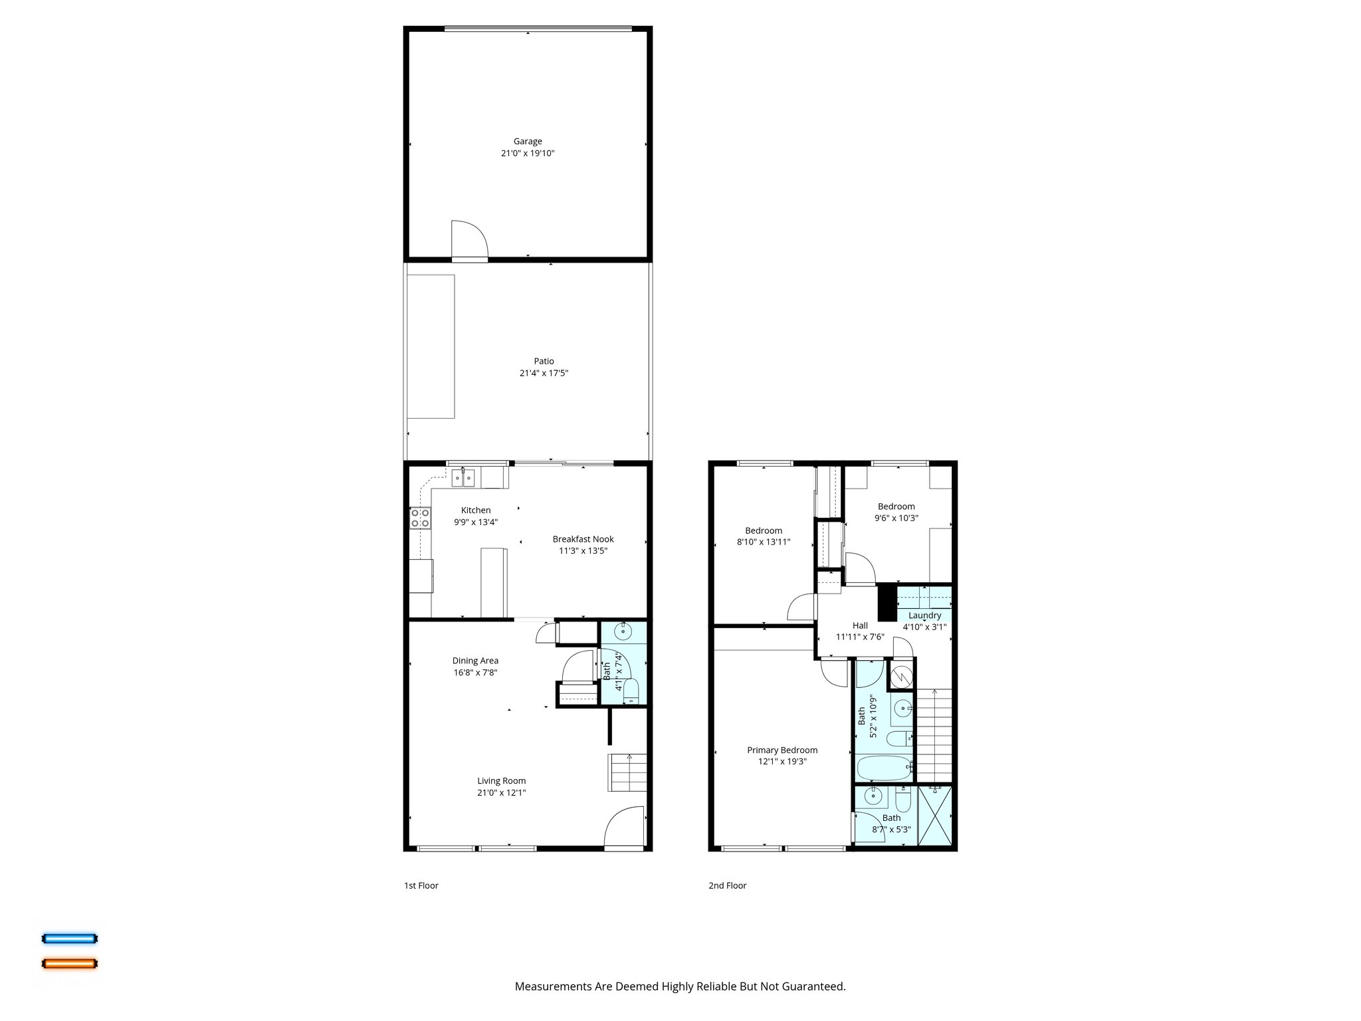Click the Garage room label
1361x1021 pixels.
click(528, 141)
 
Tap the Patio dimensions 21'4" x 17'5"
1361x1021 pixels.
click(544, 374)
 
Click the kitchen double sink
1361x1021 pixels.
click(463, 477)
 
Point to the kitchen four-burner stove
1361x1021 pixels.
click(419, 518)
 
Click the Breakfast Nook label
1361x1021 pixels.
click(583, 539)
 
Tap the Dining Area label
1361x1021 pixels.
click(475, 661)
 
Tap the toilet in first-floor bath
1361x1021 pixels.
click(631, 691)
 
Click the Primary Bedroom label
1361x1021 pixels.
click(782, 750)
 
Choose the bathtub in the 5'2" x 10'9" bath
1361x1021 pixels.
click(884, 768)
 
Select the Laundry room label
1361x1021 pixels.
click(924, 616)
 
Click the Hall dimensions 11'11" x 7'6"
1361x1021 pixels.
click(860, 637)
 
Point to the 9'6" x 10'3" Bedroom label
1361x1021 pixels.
click(896, 507)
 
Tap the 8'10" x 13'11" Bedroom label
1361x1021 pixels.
click(763, 530)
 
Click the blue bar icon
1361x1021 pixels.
click(70, 939)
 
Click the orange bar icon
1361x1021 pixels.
click(70, 963)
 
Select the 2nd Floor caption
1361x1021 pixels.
click(727, 885)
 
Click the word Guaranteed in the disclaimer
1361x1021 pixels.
click(811, 986)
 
